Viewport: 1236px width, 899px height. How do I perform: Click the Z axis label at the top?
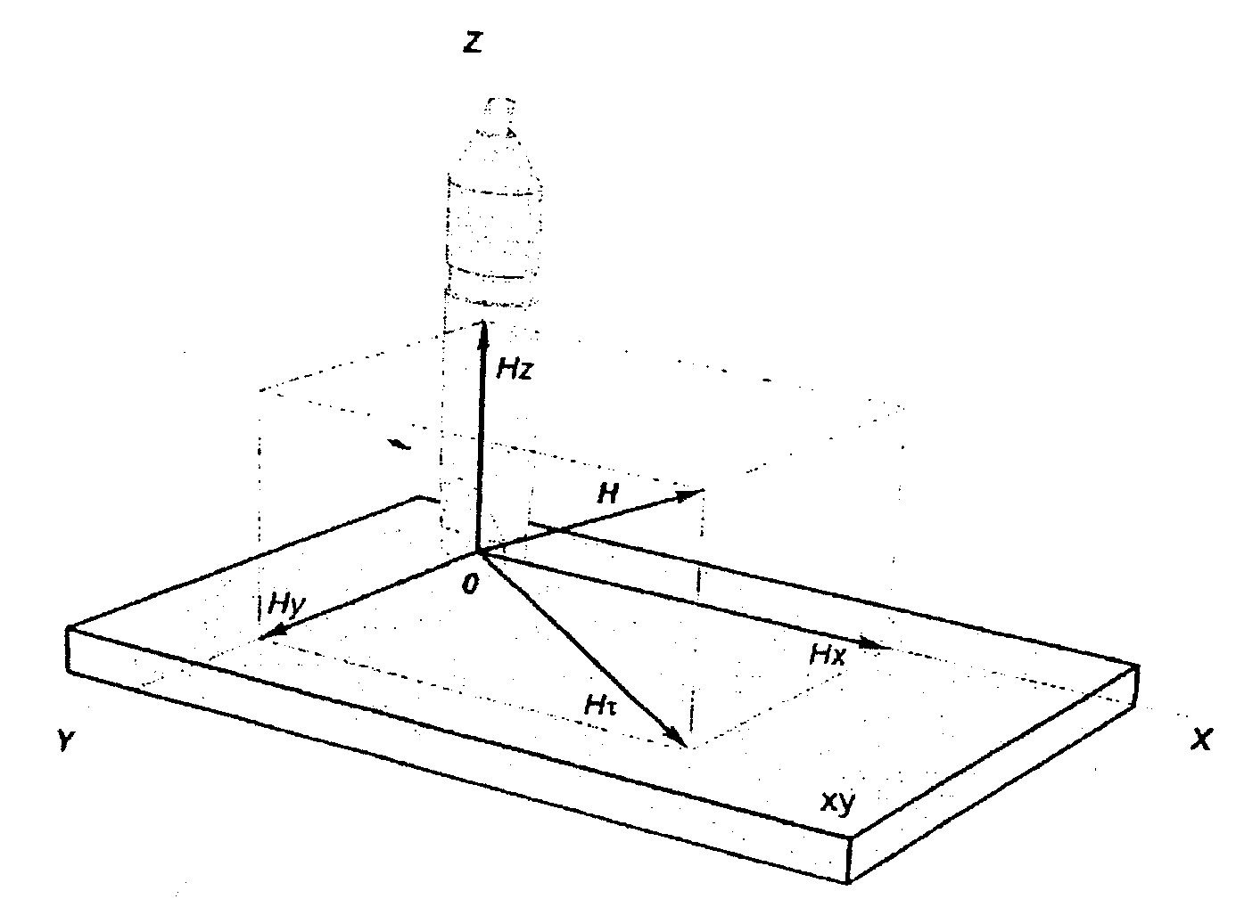tap(473, 42)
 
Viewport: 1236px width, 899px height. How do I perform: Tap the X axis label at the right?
tap(1202, 739)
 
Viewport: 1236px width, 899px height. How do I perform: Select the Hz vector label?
tap(515, 370)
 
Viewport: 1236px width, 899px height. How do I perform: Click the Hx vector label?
tap(827, 656)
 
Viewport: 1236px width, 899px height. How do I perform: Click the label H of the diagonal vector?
tap(608, 494)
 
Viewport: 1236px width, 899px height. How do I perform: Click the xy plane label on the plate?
tap(837, 802)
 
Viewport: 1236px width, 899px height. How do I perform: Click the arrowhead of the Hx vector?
tap(878, 643)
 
